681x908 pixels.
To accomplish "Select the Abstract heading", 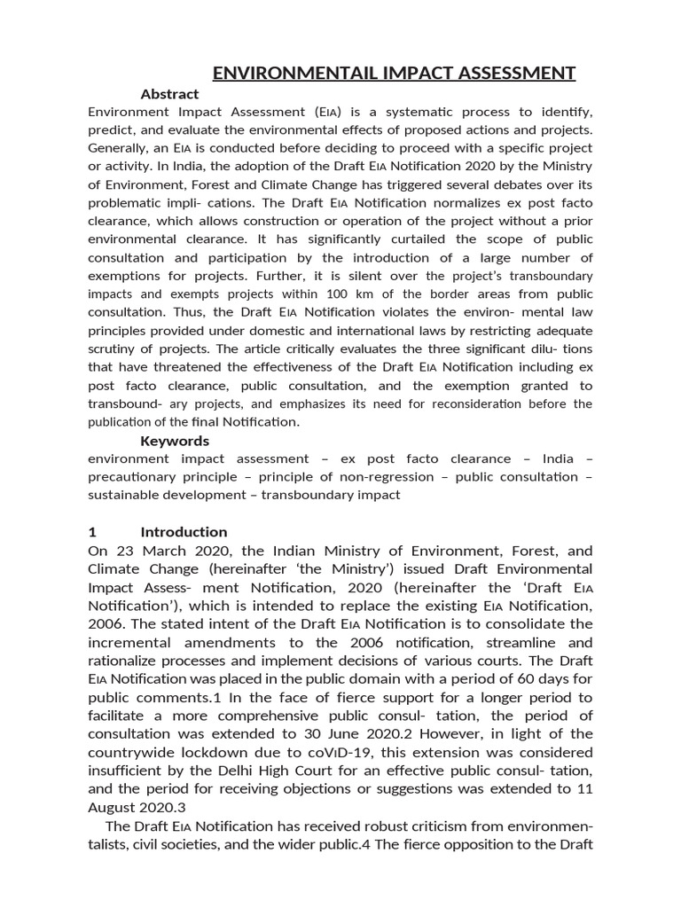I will (x=169, y=94).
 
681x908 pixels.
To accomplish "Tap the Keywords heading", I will (x=175, y=441).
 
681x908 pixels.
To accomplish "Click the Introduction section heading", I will (x=184, y=532).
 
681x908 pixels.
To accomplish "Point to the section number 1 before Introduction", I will (x=92, y=532).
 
